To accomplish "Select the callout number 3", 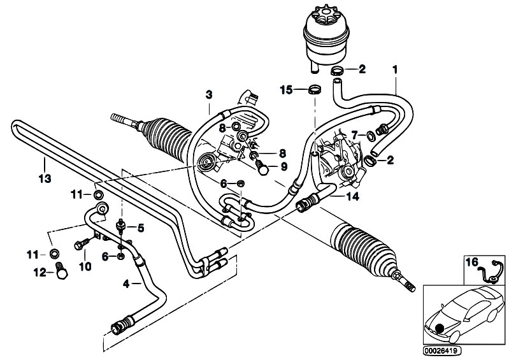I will click(x=209, y=96).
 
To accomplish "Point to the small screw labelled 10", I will click(x=82, y=244).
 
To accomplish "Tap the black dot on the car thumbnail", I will click(x=438, y=329).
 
